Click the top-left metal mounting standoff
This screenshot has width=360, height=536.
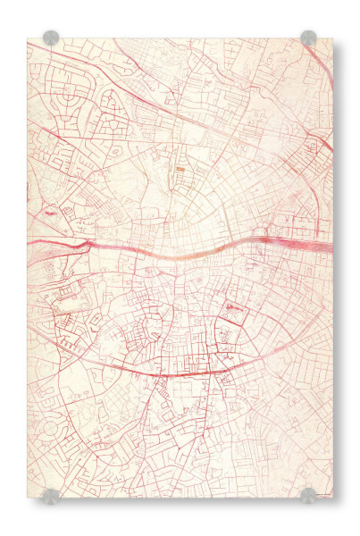51,38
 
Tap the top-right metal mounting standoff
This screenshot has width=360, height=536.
308,38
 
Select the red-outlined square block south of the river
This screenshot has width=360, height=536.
234,311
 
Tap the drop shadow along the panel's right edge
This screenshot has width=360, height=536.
337,268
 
